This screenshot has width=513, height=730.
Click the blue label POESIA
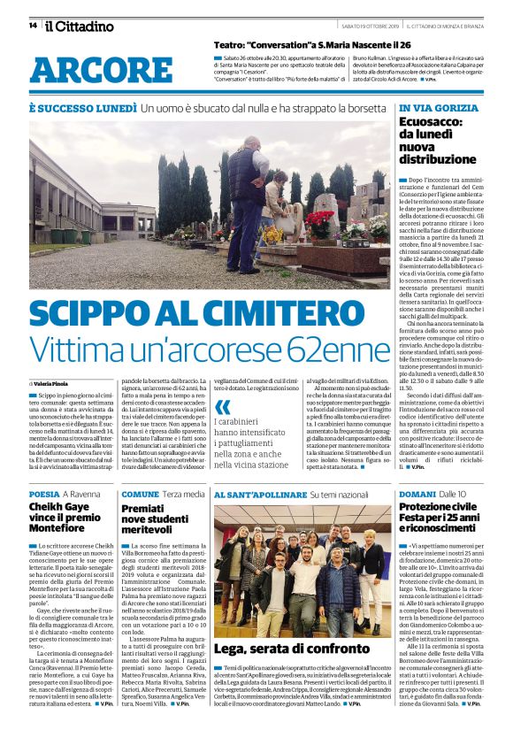tap(44, 493)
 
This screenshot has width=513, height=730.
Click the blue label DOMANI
tap(417, 493)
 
